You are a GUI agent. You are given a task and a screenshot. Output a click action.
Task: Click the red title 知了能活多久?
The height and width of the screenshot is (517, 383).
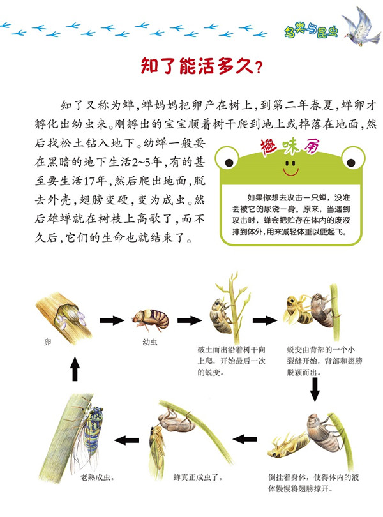[201, 66]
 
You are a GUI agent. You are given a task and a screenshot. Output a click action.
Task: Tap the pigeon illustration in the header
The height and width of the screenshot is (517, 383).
[361, 26]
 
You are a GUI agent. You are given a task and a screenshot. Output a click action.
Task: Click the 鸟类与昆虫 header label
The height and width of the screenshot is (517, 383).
[311, 32]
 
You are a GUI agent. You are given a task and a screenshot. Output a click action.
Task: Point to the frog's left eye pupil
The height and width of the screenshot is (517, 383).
[229, 162]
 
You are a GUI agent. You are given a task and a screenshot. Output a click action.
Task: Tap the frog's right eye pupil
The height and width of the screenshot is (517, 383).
[351, 162]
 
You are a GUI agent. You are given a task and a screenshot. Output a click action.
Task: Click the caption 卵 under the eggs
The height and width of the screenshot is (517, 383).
[48, 342]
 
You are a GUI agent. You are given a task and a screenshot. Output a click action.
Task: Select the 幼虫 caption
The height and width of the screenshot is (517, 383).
[150, 342]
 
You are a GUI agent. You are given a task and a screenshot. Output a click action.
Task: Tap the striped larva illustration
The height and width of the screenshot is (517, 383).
[151, 320]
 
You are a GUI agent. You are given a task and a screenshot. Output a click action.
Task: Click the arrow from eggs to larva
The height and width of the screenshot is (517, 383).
[112, 320]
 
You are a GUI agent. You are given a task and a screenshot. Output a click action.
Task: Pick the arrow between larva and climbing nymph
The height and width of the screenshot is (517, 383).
[189, 320]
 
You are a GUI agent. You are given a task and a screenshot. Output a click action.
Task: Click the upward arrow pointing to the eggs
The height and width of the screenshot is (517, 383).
[75, 369]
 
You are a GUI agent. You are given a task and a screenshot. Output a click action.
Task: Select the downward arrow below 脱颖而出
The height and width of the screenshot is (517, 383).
[315, 389]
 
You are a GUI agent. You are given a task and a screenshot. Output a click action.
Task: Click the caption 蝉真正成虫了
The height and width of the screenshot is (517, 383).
[199, 477]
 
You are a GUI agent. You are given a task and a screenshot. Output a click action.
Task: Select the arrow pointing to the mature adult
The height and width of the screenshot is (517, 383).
[126, 440]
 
